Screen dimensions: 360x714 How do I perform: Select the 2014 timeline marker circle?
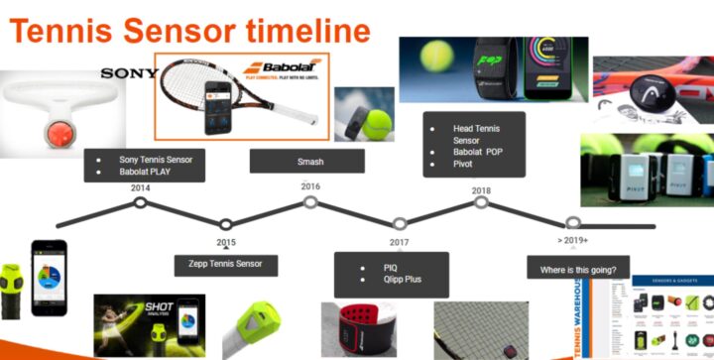click(x=141, y=202)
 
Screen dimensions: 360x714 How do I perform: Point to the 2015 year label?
click(x=226, y=242)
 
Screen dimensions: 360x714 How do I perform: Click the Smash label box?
click(x=310, y=162)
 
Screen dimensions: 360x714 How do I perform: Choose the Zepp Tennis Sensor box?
click(x=226, y=265)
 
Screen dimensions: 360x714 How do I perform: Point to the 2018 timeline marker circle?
click(x=481, y=202)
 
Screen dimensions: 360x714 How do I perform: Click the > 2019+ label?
click(x=573, y=240)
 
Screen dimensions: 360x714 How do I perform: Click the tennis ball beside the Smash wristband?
click(x=377, y=125)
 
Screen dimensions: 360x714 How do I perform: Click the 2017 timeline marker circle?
click(x=399, y=224)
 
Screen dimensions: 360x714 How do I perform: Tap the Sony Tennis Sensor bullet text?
click(x=156, y=159)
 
